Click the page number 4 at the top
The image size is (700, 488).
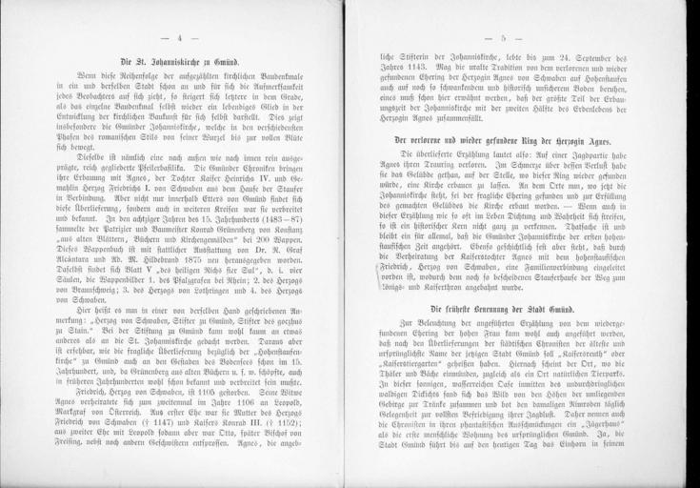coord(179,37)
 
